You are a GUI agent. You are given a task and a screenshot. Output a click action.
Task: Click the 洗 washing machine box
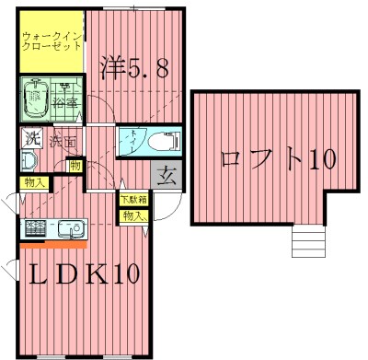tap(32, 140)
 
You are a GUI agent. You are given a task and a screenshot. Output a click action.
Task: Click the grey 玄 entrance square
tap(167, 173)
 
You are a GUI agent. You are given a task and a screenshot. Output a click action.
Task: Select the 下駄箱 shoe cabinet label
tap(132, 199)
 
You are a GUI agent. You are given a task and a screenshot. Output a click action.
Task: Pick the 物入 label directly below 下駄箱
tap(132, 215)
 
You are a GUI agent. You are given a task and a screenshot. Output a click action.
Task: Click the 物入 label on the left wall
tap(30, 184)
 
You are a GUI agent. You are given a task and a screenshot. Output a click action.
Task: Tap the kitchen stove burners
tap(37, 227)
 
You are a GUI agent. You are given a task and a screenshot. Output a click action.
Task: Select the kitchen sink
tap(68, 227)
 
